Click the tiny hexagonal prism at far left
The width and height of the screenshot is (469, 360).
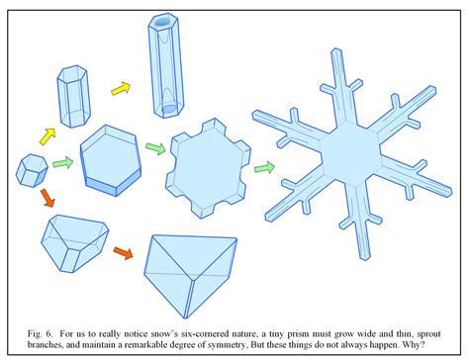click(x=32, y=169)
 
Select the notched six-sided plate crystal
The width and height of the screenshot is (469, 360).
click(x=208, y=161)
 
